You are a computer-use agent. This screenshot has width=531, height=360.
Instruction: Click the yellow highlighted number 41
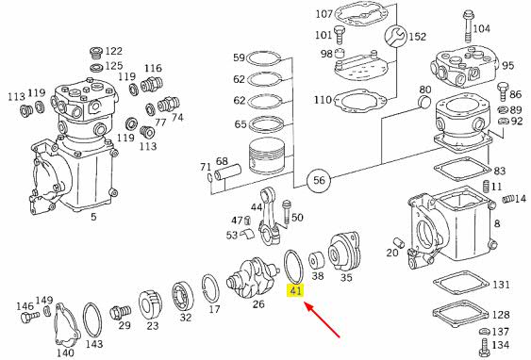pyautogui.click(x=295, y=290)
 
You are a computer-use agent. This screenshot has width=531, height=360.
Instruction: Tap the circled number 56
pyautogui.click(x=319, y=180)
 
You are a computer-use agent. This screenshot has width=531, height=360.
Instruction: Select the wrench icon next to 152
pyautogui.click(x=395, y=36)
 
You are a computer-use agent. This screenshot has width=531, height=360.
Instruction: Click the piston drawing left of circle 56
pyautogui.click(x=266, y=156)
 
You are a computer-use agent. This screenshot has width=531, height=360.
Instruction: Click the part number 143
pyautogui.click(x=93, y=344)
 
